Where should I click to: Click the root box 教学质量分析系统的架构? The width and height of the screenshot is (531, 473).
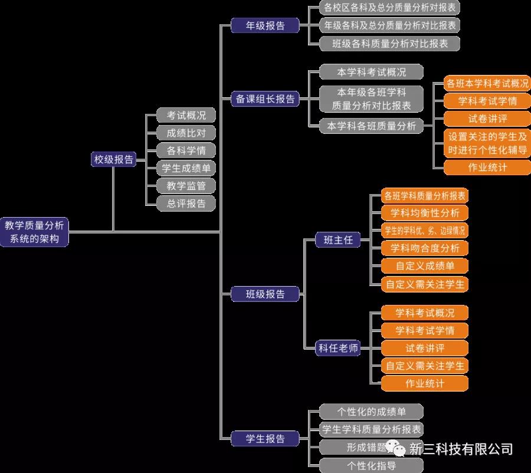tap(35, 232)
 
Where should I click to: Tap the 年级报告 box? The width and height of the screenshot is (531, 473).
tap(265, 25)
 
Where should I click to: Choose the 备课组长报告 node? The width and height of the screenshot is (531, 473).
tap(265, 99)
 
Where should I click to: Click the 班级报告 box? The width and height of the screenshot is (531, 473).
tap(265, 294)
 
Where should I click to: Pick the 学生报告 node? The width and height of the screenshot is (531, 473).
tap(265, 439)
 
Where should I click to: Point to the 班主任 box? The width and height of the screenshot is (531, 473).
tap(337, 239)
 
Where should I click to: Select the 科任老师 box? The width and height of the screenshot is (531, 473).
tap(337, 348)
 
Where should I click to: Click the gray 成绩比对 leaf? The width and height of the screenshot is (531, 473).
tap(186, 133)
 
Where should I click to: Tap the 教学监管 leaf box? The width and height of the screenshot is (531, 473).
tap(186, 186)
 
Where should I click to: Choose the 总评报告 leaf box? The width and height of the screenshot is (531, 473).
tap(186, 203)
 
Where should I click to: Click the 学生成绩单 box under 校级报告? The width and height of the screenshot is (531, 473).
tap(186, 168)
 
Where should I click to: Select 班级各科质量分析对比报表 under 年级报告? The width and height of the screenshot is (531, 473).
tap(389, 43)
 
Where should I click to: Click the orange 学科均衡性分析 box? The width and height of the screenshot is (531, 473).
tap(425, 213)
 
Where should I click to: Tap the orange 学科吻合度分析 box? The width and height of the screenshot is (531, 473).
tap(425, 248)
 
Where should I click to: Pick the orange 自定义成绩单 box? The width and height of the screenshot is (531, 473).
tap(425, 266)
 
